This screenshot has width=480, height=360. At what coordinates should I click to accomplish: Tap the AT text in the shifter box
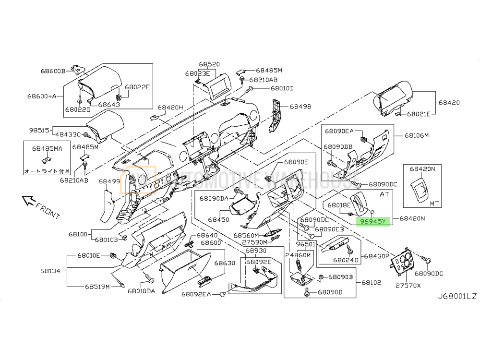384,195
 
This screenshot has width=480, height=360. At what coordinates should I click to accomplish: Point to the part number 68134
50,271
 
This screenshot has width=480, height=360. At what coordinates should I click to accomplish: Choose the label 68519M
97,287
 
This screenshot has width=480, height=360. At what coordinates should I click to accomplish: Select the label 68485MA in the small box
48,149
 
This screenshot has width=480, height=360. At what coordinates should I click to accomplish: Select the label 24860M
298,255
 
